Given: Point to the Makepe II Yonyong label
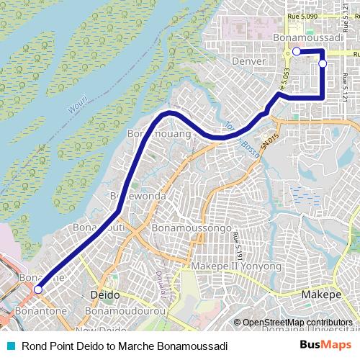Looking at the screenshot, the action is coord(235,266).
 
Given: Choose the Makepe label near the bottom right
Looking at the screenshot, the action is coord(320,296).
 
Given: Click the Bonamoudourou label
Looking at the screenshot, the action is coord(121,310).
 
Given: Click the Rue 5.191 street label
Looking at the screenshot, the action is coord(238,244).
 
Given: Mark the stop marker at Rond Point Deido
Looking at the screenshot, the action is coord(38,290).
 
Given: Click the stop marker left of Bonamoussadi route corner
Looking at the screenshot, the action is coord(296,51).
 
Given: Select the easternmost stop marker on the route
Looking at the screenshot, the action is coord(323,63).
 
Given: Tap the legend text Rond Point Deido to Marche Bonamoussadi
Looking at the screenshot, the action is coord(125,346).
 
